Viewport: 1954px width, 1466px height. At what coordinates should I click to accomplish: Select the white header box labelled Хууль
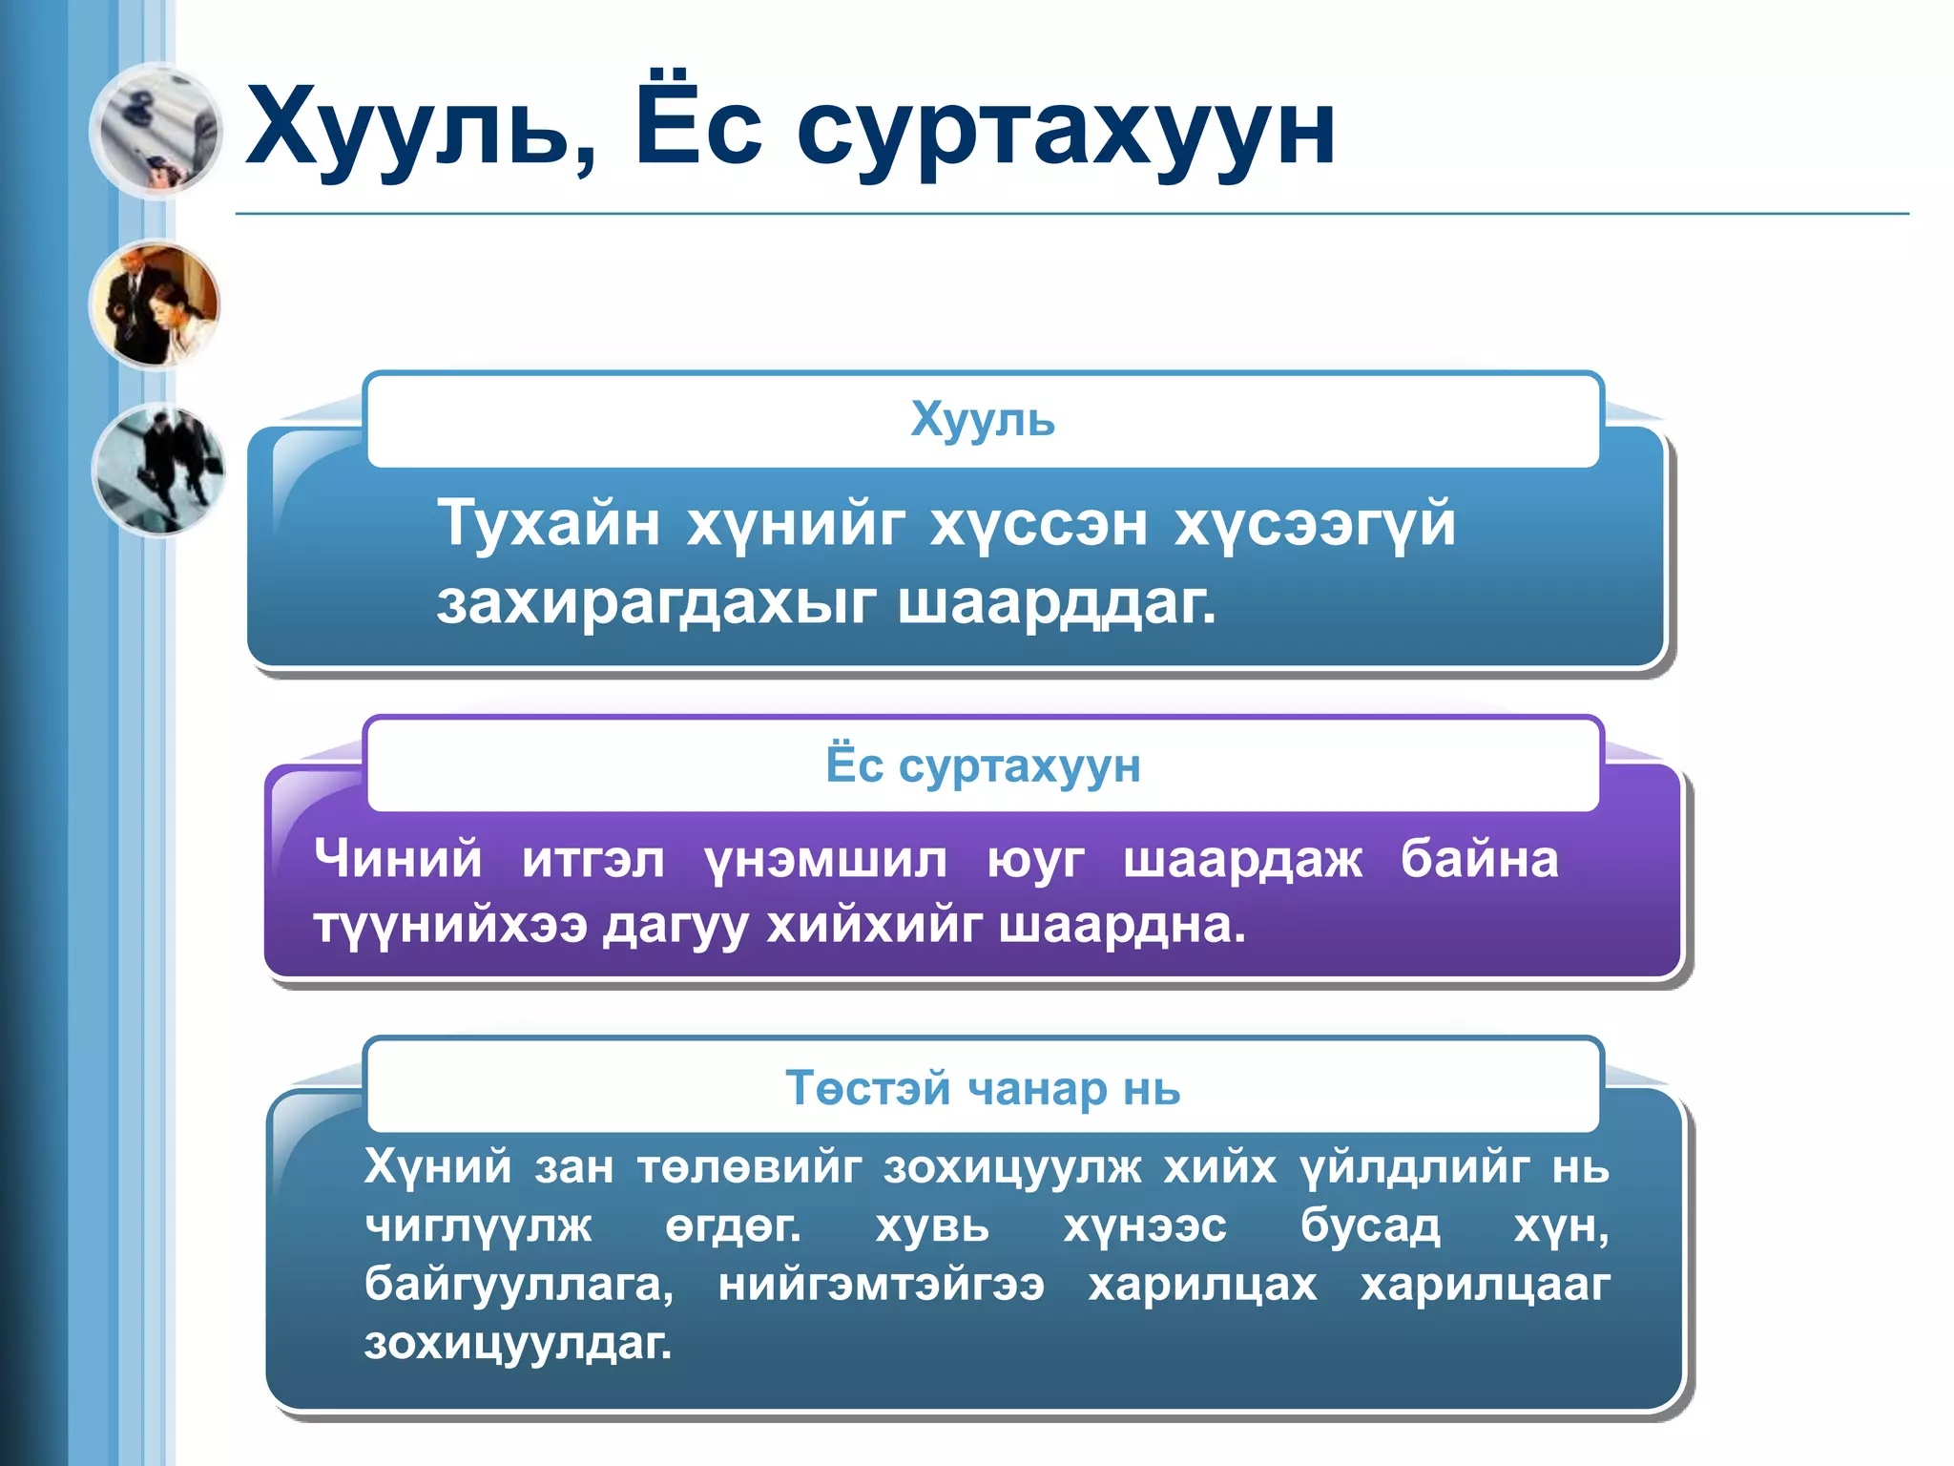[983, 420]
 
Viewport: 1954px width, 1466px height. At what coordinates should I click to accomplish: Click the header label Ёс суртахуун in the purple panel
[983, 765]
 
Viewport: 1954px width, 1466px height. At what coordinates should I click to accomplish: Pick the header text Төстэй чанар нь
[983, 1088]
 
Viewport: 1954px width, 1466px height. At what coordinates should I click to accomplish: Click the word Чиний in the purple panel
[398, 858]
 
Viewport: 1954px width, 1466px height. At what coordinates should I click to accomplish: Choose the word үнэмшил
[825, 860]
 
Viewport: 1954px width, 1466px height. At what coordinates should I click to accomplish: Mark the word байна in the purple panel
[1479, 858]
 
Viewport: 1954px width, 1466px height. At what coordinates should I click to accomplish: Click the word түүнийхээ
[450, 925]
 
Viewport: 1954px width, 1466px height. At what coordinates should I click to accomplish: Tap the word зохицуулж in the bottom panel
[1011, 1167]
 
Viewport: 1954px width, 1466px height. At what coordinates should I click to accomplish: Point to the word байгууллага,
[519, 1285]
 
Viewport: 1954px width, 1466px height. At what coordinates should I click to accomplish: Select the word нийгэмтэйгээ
[882, 1285]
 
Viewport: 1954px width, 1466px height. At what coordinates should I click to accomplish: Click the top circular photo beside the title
[156, 131]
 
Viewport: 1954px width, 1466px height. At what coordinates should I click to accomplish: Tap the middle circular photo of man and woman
[156, 304]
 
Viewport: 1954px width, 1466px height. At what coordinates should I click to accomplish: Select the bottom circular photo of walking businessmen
[158, 469]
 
